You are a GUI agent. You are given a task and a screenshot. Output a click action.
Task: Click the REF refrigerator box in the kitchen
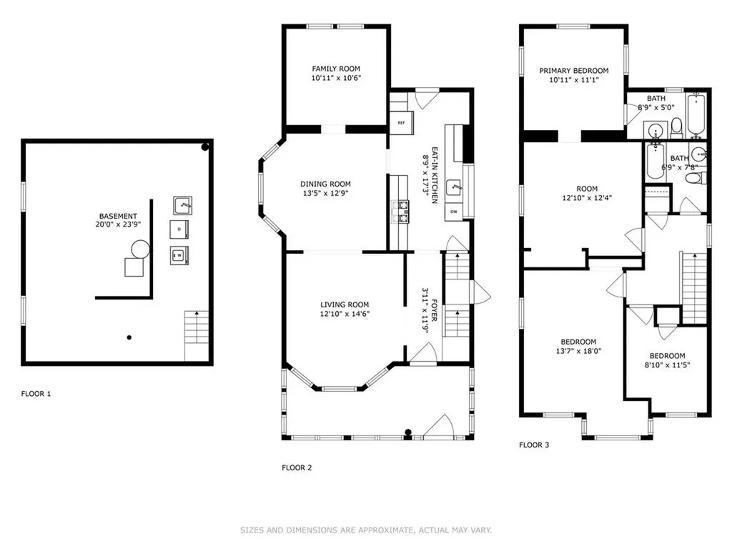point(402,123)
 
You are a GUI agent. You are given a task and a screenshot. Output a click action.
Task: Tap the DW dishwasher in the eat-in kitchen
point(454,212)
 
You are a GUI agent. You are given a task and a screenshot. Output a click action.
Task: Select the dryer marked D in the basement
point(179,229)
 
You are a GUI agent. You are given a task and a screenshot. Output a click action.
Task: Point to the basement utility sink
point(182,205)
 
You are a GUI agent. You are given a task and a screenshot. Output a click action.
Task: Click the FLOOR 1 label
point(36,394)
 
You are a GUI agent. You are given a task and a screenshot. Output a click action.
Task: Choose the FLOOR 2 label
point(297,468)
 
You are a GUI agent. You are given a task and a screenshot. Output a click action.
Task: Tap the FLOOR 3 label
point(534,445)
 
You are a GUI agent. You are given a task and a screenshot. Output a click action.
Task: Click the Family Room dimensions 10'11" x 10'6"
point(336,78)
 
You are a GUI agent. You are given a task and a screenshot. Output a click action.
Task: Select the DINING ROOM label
point(325,184)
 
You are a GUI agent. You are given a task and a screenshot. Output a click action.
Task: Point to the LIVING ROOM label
point(345,305)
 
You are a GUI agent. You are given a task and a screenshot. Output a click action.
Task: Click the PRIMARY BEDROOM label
point(574,71)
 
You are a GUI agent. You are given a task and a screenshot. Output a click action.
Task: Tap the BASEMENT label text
point(118,216)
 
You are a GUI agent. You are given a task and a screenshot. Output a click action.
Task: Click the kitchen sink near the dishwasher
point(454,188)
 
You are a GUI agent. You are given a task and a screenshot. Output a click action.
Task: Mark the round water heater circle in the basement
point(141,249)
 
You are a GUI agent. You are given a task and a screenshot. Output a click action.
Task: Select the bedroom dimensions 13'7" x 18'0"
point(578,351)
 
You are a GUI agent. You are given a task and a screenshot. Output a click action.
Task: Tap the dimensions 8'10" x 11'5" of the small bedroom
point(667,365)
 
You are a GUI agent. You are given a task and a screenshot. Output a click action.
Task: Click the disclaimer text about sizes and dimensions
point(366,530)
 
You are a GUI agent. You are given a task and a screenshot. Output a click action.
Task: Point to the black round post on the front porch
point(408,432)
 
